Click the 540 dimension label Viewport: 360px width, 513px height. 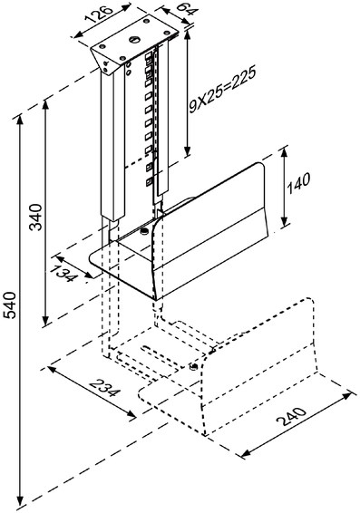10,305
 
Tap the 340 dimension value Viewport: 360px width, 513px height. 35,217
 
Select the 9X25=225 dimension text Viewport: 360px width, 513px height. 222,90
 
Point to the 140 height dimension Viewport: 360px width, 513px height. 297,184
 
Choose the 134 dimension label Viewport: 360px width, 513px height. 64,273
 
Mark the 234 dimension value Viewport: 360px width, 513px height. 104,387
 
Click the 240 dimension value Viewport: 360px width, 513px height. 291,416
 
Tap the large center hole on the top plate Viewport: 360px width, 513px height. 134,40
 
